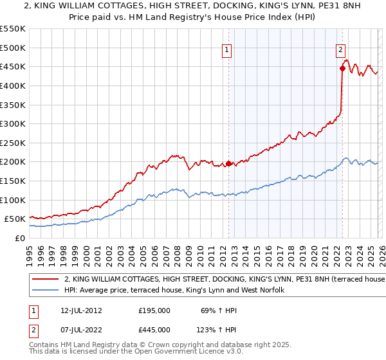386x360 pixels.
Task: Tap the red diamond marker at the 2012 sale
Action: (x=228, y=163)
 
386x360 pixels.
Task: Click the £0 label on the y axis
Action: (x=19, y=238)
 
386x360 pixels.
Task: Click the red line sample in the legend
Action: (x=45, y=280)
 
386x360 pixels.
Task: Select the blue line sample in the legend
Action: (x=45, y=291)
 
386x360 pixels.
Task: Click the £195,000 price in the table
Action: (x=154, y=310)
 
